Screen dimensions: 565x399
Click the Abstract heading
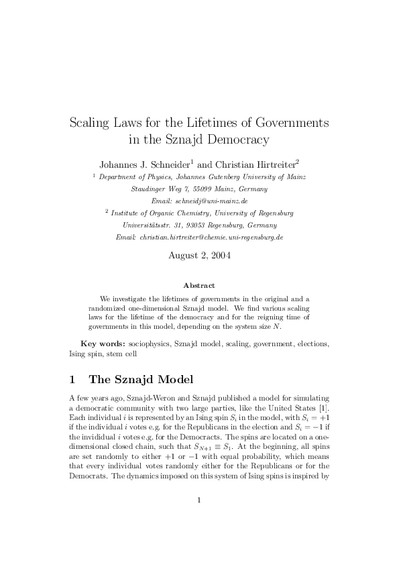click(x=199, y=285)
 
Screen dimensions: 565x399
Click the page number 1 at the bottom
click(x=199, y=518)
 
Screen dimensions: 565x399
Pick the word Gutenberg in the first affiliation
click(x=226, y=176)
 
